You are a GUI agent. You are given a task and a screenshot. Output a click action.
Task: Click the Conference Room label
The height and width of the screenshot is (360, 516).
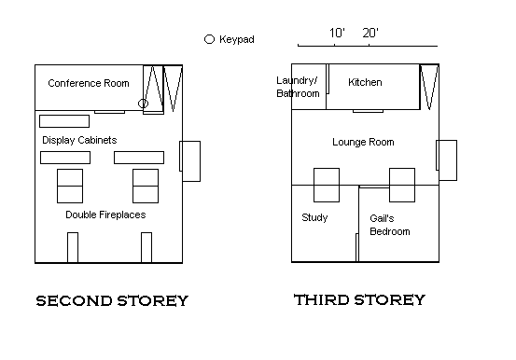[x=89, y=83]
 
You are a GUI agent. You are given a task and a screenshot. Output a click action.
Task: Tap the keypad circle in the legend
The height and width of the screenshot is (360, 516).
[x=209, y=39]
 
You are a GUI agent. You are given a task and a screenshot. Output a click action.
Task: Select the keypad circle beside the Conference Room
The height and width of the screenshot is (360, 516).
[x=143, y=104]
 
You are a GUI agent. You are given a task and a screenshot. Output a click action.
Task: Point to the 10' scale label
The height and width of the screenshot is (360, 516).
[x=337, y=33]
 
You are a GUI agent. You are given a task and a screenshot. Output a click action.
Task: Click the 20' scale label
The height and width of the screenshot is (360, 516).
[x=370, y=33]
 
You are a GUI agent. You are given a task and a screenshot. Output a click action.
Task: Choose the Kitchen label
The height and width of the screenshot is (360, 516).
[x=365, y=82]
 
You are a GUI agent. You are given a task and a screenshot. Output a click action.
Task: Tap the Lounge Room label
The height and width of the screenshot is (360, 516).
[x=363, y=142]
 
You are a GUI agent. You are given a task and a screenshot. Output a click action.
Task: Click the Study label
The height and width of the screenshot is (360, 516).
[x=314, y=217]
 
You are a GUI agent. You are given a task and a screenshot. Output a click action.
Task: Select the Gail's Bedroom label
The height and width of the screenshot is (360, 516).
[x=390, y=225]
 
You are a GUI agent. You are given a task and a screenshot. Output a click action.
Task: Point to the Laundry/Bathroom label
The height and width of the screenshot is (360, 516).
[x=298, y=87]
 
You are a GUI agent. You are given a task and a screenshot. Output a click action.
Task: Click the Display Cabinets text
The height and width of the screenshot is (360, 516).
[x=79, y=140]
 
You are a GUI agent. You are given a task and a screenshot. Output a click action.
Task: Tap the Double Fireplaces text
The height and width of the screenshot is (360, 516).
[x=105, y=215]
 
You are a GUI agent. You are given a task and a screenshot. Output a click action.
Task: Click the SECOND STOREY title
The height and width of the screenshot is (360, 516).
[x=112, y=300]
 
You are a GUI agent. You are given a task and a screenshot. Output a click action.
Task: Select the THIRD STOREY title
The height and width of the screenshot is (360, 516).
[x=359, y=299]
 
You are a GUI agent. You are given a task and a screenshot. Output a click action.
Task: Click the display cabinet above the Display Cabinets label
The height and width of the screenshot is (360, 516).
[x=64, y=121]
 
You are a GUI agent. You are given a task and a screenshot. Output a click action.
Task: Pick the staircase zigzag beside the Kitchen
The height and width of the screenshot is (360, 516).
[x=429, y=87]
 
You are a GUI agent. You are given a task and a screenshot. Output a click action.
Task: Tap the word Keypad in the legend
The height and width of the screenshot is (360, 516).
[x=237, y=39]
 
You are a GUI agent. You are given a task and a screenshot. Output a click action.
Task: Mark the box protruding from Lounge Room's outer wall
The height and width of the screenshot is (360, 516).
[x=447, y=160]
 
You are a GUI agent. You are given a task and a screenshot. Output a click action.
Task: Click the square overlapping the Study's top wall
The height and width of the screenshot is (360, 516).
[x=327, y=185]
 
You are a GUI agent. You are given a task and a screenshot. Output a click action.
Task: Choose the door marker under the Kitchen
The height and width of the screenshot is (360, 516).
[x=368, y=111]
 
